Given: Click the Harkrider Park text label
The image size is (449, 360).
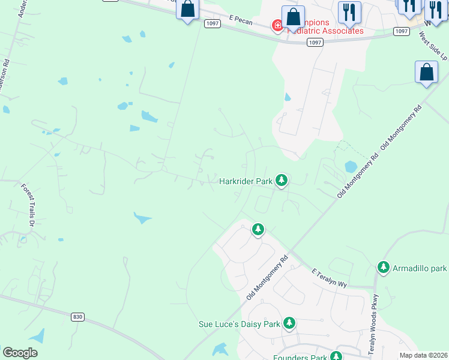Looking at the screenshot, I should pyautogui.click(x=246, y=181).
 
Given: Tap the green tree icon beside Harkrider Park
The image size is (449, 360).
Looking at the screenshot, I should pyautogui.click(x=281, y=180).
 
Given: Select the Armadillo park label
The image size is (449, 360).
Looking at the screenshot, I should pyautogui.click(x=420, y=267).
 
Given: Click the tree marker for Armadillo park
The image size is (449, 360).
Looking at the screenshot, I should pyautogui.click(x=383, y=267).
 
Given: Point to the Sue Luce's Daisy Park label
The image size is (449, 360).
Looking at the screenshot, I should pyautogui.click(x=240, y=324).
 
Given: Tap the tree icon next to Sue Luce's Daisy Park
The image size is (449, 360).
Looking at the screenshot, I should pyautogui.click(x=289, y=323).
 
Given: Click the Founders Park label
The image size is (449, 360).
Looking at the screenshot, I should pyautogui.click(x=300, y=358).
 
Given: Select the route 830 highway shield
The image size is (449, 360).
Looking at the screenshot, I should pyautogui.click(x=76, y=316).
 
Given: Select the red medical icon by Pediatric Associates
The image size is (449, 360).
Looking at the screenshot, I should pyautogui.click(x=277, y=25).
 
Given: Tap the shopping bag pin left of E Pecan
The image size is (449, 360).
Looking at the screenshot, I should pyautogui.click(x=188, y=10).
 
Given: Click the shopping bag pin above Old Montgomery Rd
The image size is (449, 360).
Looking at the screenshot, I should pyautogui.click(x=426, y=72).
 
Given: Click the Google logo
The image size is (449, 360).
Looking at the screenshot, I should pyautogui.click(x=20, y=353).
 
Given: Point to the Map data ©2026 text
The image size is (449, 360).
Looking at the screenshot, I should pyautogui.click(x=423, y=355).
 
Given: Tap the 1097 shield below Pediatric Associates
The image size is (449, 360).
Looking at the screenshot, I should pyautogui.click(x=315, y=42).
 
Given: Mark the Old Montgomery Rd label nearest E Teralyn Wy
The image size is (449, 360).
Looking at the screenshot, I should pyautogui.click(x=268, y=277).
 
